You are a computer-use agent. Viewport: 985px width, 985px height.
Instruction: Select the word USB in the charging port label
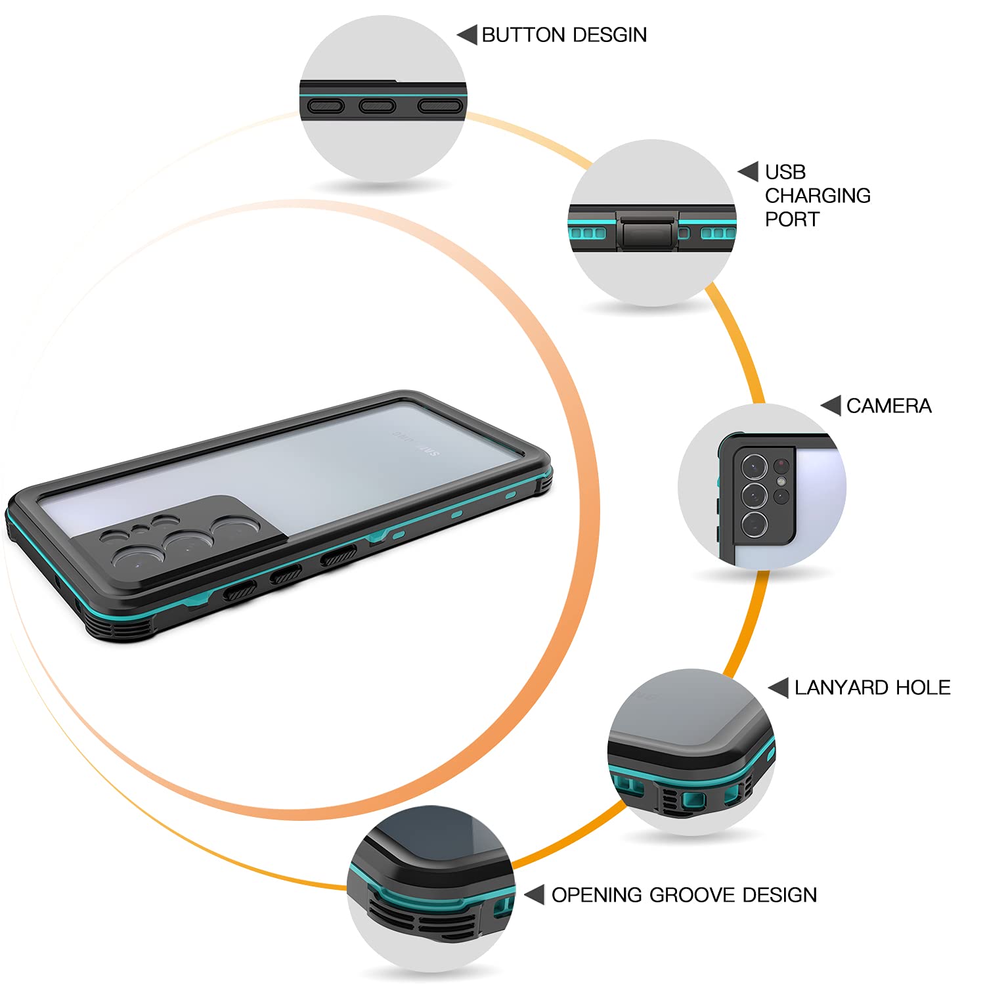click(785, 172)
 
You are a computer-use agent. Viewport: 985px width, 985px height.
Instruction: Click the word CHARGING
click(818, 196)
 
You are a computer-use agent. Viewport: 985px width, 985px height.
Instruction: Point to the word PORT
click(792, 219)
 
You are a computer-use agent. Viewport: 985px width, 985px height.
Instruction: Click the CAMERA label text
click(888, 406)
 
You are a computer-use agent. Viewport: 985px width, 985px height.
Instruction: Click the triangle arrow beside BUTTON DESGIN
click(467, 35)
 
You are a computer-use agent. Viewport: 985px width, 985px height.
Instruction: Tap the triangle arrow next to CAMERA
click(831, 406)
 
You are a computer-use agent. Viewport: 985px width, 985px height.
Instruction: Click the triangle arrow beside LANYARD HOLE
click(778, 688)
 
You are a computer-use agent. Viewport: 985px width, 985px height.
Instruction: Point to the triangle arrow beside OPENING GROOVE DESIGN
click(535, 894)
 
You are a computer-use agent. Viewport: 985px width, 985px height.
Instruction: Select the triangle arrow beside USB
click(749, 172)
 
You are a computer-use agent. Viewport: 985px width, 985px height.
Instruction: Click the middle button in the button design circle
click(377, 105)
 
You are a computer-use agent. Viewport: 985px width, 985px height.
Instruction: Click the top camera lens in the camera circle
click(755, 466)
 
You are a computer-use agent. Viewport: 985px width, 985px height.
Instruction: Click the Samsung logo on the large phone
click(416, 443)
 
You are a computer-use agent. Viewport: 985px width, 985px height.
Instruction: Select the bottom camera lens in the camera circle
click(755, 525)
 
